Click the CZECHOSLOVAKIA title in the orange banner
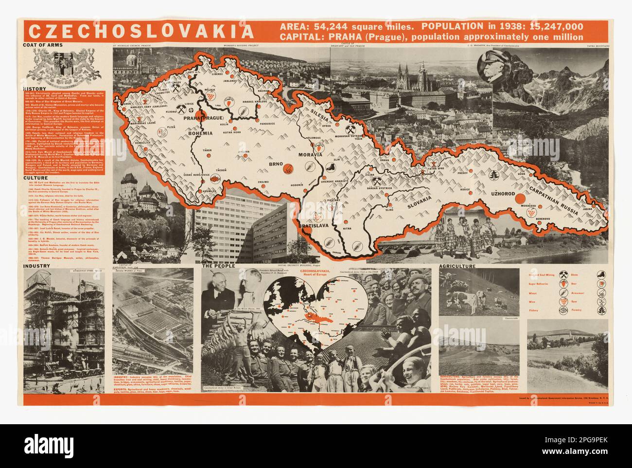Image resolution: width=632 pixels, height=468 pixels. coord(140,31)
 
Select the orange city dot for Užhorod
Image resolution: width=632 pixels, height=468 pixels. coord(520,198)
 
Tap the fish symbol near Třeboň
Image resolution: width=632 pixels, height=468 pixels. coord(213,179)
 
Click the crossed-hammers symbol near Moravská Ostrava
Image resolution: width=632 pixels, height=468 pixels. coord(351,129)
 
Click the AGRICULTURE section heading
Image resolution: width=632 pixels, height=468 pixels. coord(457,267)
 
